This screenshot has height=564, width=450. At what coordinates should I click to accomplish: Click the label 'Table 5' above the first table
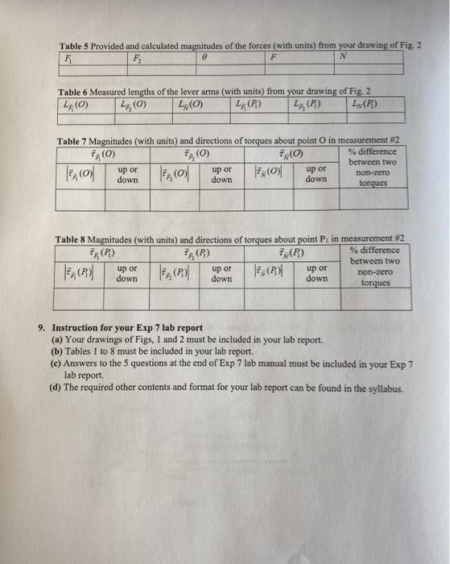click(73, 46)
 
